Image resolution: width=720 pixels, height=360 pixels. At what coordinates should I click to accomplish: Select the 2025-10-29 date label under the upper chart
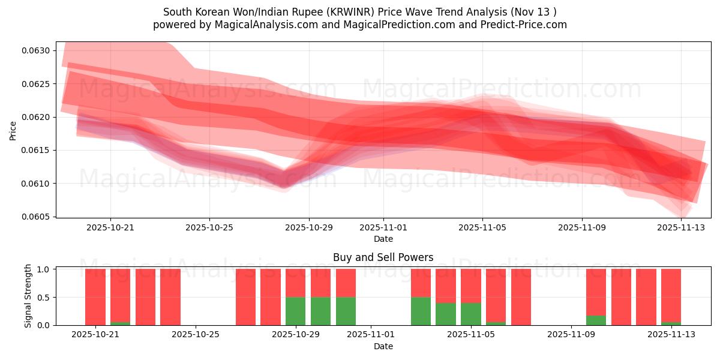(x=309, y=228)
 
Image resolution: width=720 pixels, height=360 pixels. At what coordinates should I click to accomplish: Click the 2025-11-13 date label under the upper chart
(x=682, y=228)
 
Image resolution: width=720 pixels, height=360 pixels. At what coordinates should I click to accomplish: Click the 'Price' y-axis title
(x=13, y=130)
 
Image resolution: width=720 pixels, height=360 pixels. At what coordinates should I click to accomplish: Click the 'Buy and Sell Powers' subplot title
(x=383, y=257)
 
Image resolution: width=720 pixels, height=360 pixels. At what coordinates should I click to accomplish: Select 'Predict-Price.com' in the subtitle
(x=520, y=25)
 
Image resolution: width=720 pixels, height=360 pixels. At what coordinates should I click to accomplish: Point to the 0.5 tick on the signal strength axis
(x=43, y=298)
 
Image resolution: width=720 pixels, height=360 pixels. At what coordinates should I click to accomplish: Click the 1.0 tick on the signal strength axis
(x=43, y=269)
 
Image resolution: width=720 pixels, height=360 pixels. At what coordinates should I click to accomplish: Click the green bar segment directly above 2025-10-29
(x=296, y=311)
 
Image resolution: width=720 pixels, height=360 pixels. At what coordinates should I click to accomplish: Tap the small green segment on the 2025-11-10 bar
(x=596, y=320)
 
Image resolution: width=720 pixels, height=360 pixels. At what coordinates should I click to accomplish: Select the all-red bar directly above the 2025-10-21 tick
(x=95, y=297)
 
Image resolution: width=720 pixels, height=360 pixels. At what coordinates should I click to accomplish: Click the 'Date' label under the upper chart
(x=383, y=239)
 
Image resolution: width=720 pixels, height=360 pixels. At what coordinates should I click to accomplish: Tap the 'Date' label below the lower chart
(x=383, y=346)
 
